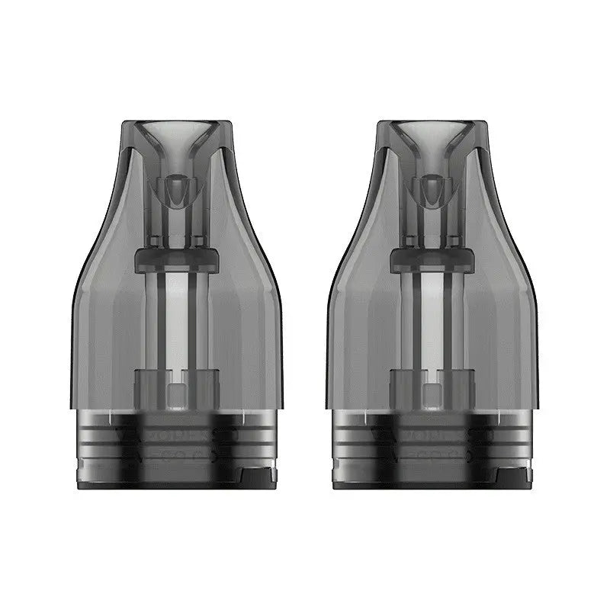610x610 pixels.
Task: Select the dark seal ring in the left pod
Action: (177, 258)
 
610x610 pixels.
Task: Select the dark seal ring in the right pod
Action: (432, 258)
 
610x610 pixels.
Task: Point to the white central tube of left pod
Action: (177, 320)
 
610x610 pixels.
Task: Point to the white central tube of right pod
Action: (432, 320)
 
